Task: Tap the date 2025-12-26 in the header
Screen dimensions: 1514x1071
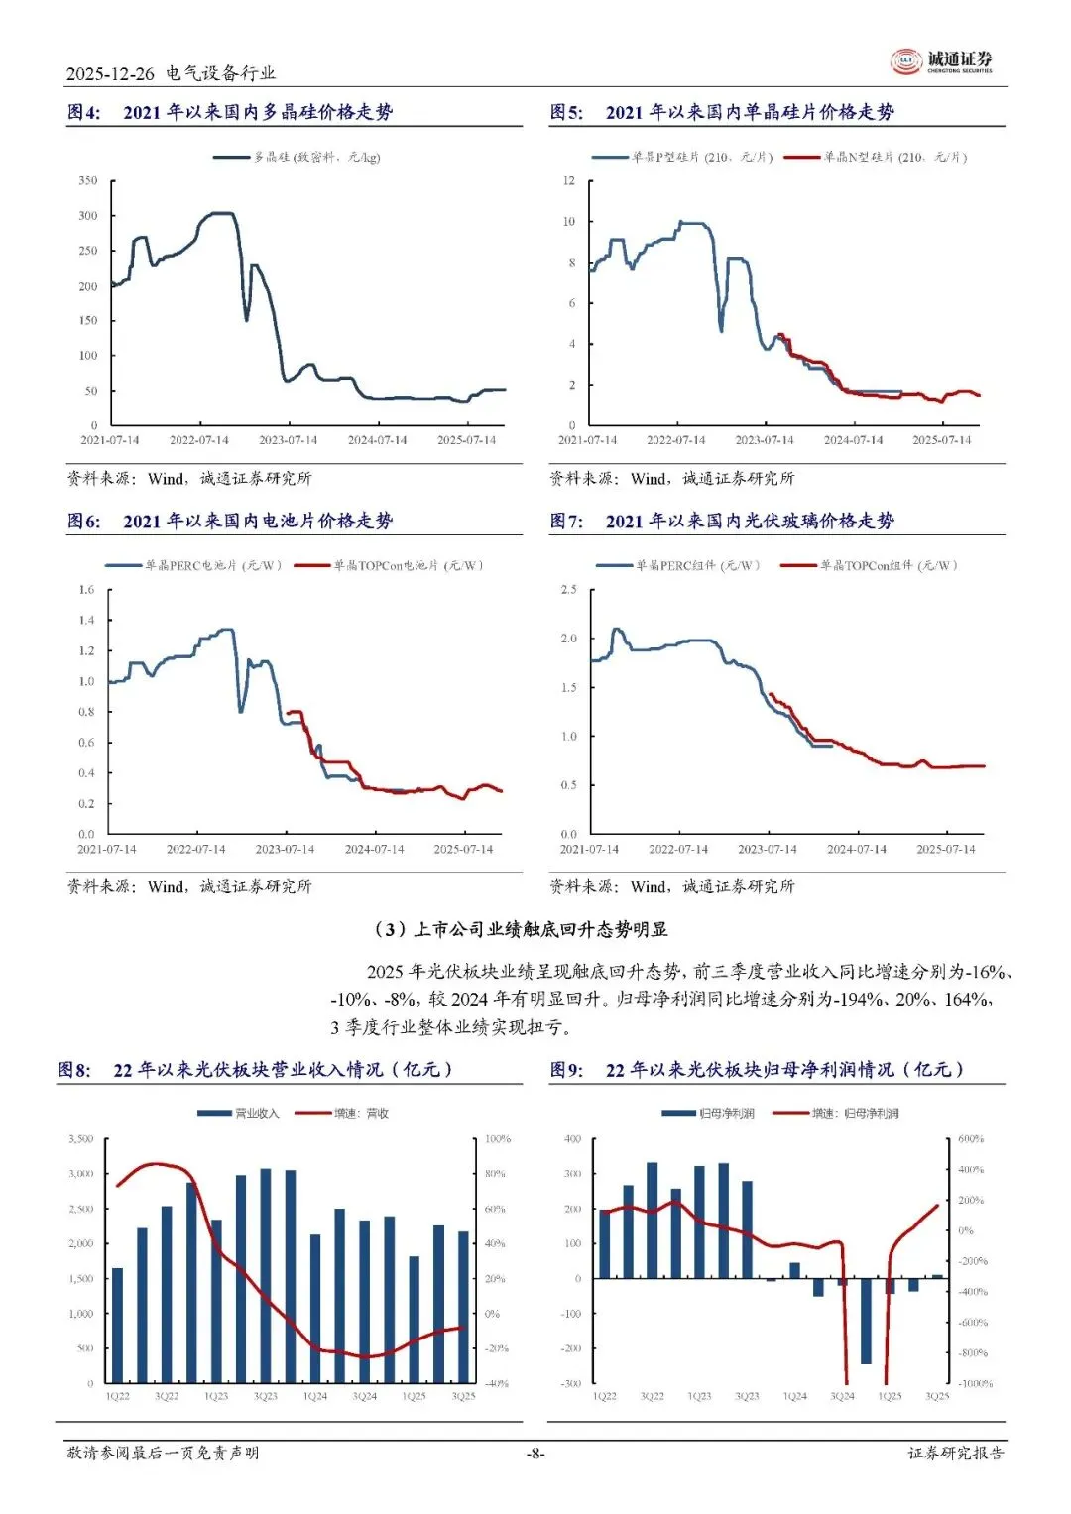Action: [x=110, y=73]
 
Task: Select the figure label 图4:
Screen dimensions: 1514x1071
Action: [x=83, y=112]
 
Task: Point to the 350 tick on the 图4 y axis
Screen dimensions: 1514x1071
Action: [x=88, y=180]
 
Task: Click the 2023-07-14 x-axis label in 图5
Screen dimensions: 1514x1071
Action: [x=764, y=440]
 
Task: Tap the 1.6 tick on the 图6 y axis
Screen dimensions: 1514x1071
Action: [x=86, y=590]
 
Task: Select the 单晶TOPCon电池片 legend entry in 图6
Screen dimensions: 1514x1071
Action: [x=407, y=566]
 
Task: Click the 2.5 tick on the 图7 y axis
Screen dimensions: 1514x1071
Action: [x=568, y=590]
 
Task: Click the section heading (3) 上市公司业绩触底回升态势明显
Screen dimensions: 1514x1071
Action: [x=520, y=929]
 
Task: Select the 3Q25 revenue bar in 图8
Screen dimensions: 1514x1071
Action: [x=463, y=1307]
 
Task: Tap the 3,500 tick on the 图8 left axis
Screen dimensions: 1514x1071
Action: [x=80, y=1139]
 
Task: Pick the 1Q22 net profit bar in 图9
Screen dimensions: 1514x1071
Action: [x=605, y=1243]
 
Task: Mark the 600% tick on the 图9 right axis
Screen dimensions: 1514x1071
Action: [x=971, y=1139]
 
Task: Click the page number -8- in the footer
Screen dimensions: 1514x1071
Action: [x=535, y=1453]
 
